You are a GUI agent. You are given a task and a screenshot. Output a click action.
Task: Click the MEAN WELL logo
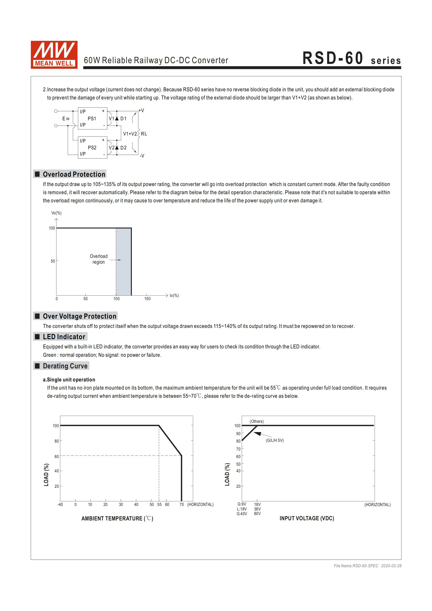coord(54,55)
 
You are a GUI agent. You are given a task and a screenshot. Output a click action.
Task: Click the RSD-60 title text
coord(333,58)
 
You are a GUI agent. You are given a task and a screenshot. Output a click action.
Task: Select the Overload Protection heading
coord(74,174)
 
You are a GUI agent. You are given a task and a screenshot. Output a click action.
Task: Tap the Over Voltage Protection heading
coord(79,316)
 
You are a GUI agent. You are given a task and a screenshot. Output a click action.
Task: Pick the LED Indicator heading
coord(64,337)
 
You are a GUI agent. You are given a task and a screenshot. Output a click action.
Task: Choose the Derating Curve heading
coord(65,366)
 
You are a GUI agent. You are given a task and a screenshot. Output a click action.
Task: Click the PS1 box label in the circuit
coord(92,119)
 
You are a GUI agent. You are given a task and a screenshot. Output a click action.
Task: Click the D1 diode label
coord(123,119)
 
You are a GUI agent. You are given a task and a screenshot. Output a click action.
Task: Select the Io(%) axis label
coord(174,295)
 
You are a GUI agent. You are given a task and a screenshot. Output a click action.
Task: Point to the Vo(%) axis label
coord(56,213)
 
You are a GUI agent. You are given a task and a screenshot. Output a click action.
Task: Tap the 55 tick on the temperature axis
coord(159,504)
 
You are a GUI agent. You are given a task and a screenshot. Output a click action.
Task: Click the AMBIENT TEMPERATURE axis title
coord(117,518)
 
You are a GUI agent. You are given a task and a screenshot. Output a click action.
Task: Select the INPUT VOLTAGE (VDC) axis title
coord(307,518)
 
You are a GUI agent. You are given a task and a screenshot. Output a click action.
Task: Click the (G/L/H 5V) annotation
coord(275,440)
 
